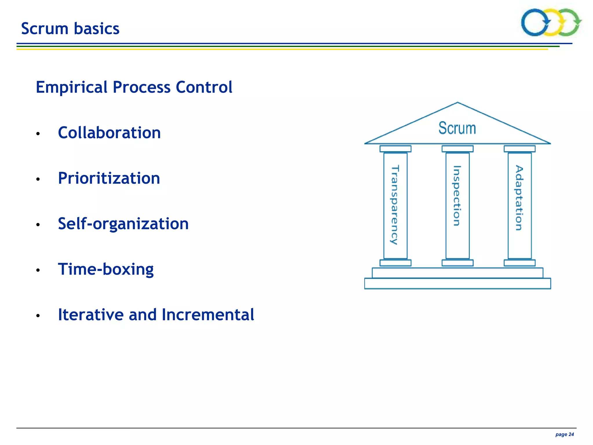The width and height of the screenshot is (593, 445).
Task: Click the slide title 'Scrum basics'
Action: click(70, 29)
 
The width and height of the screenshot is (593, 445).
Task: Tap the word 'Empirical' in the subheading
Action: click(72, 87)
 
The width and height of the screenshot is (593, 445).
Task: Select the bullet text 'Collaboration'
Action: click(109, 133)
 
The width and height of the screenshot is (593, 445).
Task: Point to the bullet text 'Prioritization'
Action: click(109, 178)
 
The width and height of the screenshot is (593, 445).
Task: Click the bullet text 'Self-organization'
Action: click(123, 224)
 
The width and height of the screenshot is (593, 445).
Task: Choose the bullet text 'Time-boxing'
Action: click(106, 269)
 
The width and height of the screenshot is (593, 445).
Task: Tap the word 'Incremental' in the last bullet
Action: click(208, 315)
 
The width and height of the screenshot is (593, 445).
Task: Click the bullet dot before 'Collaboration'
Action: click(38, 134)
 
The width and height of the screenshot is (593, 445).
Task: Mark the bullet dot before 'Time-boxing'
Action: click(38, 270)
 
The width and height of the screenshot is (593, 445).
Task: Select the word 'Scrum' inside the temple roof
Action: click(457, 128)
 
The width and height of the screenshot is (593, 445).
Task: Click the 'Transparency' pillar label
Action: click(395, 205)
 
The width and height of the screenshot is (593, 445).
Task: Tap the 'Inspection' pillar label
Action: click(457, 196)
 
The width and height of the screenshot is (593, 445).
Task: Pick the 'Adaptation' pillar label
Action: click(519, 198)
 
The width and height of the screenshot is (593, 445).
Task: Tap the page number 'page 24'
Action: click(564, 434)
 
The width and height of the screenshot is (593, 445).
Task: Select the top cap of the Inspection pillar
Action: click(457, 149)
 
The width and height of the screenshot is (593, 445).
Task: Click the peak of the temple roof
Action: click(457, 103)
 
